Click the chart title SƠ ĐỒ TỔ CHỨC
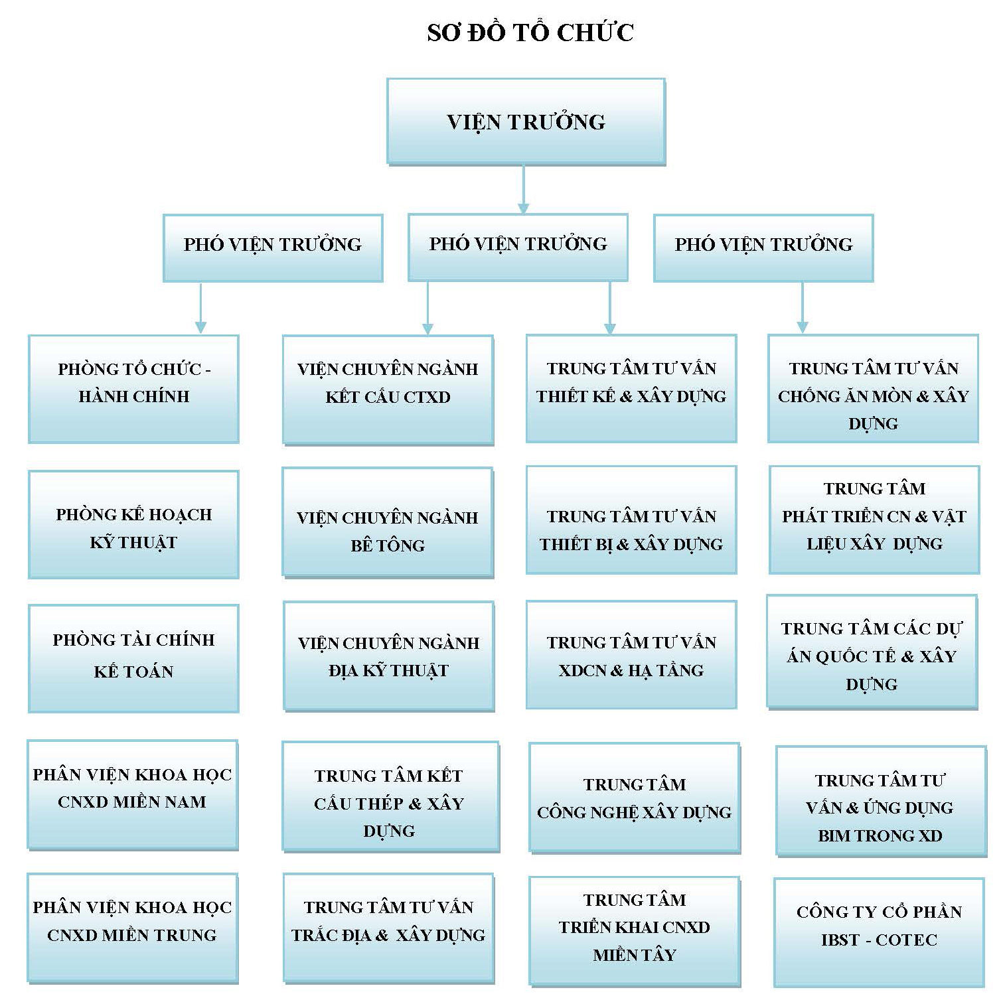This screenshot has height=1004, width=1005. (530, 33)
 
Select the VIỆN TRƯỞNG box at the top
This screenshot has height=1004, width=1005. (526, 121)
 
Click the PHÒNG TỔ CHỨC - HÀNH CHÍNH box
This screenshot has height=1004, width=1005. (133, 388)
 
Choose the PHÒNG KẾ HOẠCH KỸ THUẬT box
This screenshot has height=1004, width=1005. (133, 524)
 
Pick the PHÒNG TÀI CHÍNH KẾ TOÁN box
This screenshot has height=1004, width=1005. (133, 658)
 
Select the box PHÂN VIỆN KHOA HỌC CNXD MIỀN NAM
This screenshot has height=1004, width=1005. (132, 794)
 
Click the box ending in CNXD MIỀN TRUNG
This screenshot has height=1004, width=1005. (132, 927)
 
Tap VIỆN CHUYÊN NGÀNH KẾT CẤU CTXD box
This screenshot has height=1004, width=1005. (388, 389)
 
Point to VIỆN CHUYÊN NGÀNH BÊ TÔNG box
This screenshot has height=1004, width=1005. (388, 522)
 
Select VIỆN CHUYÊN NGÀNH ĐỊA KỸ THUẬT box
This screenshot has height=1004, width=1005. (388, 656)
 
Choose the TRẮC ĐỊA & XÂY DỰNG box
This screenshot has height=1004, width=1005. (388, 927)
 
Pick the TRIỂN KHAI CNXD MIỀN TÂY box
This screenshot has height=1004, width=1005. (634, 930)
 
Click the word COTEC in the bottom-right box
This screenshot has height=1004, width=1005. (906, 940)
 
